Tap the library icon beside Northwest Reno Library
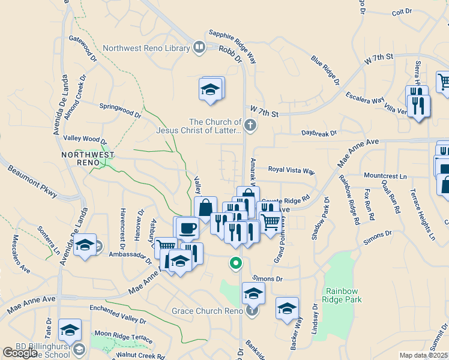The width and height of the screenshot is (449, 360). [x=199, y=47]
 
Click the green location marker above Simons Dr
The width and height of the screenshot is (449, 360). [x=237, y=263]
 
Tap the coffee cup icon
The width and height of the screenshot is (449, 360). [x=188, y=228]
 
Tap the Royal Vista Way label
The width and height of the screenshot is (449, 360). [x=291, y=170]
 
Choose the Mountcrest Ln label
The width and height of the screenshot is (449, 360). [x=385, y=176]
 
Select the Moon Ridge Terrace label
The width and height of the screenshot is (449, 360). [x=124, y=336]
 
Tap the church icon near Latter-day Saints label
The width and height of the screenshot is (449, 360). [x=251, y=125]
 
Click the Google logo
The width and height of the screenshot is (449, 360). [x=20, y=352]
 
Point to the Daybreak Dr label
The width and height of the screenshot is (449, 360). [x=319, y=133]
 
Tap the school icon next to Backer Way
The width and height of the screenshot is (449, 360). [x=287, y=308]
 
